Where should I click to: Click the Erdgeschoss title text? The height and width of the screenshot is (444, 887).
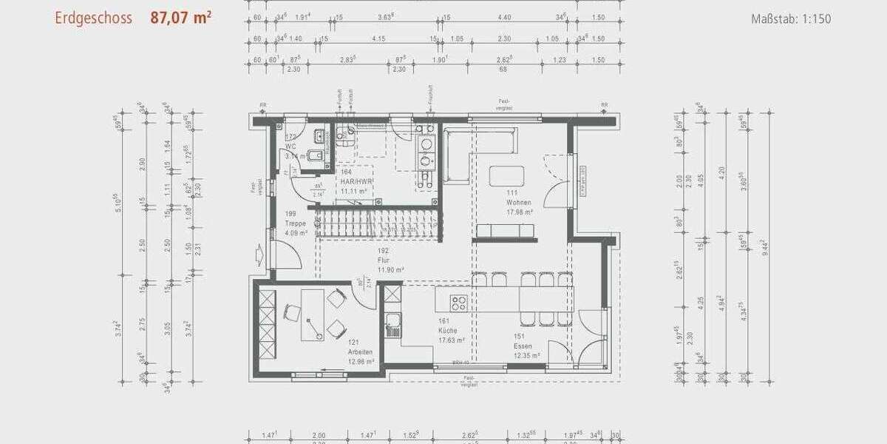[93, 18]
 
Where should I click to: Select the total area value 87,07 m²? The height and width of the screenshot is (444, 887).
[181, 18]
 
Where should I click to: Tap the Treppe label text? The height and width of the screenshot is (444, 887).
[296, 222]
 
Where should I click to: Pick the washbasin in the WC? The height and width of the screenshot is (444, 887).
[319, 136]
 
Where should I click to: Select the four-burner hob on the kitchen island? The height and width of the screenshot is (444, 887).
[459, 303]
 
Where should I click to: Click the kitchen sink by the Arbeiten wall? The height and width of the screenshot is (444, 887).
[392, 322]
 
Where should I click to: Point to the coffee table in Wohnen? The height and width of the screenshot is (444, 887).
[506, 175]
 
